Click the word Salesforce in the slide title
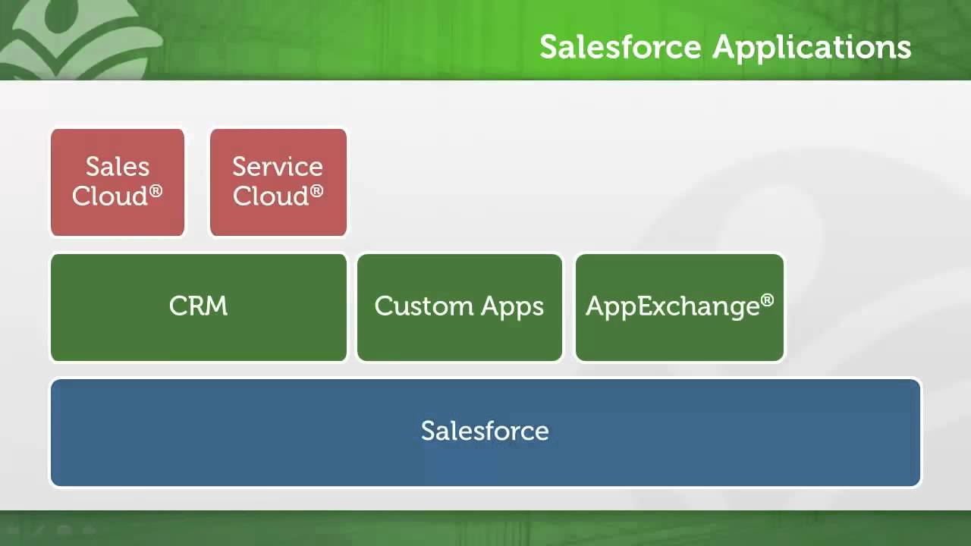[x=620, y=47]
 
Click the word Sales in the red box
[x=118, y=166]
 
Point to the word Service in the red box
[x=278, y=166]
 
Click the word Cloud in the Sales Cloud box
[x=109, y=196]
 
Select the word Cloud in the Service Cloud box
[x=269, y=196]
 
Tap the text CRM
[x=198, y=306]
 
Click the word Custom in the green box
[x=419, y=306]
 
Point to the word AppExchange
[x=672, y=307]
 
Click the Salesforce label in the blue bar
[x=485, y=431]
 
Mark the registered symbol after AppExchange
[x=767, y=300]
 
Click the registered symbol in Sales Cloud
[x=156, y=190]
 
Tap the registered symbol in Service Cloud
[x=316, y=190]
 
